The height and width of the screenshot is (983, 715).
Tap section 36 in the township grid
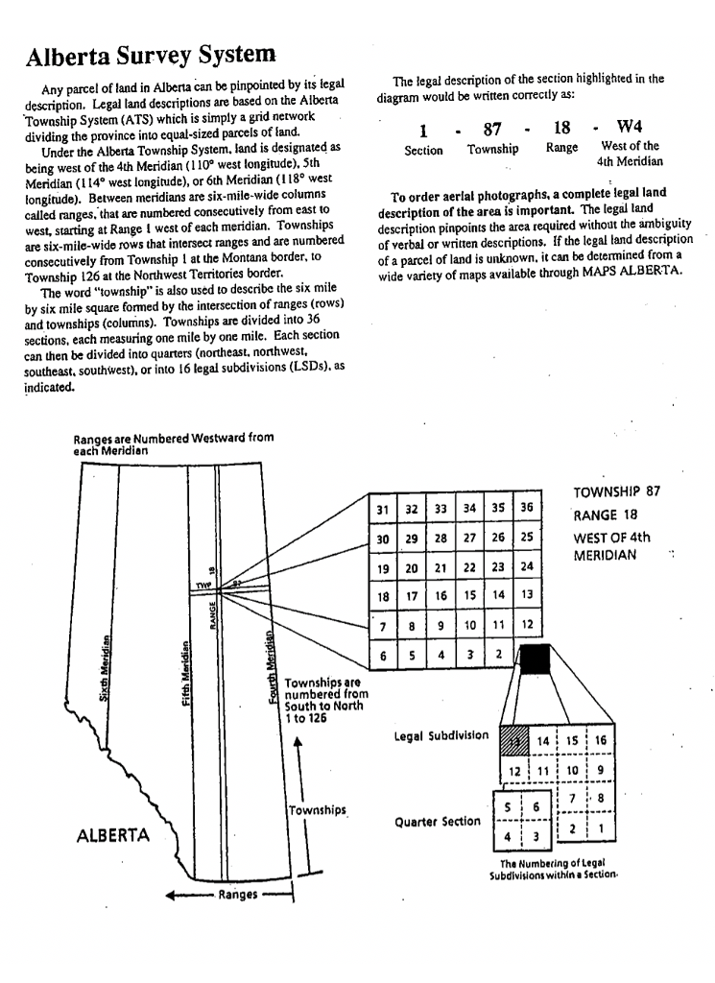[526, 508]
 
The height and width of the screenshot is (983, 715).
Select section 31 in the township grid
[383, 509]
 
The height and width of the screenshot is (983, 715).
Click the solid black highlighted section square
[535, 658]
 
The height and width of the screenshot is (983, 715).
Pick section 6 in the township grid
[383, 657]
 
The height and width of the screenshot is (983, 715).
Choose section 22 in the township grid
[469, 568]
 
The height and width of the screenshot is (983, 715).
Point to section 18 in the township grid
[383, 597]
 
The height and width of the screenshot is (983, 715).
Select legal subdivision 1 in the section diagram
[601, 828]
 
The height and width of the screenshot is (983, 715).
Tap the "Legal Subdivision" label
[441, 736]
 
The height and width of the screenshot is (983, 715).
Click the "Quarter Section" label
[439, 823]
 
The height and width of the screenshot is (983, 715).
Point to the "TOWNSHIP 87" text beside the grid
[617, 492]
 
